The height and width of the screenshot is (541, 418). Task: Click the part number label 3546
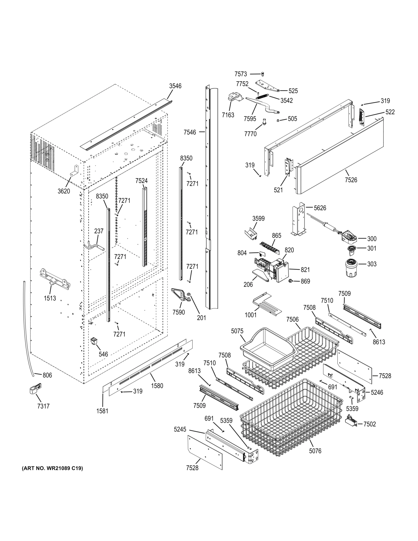coord(175,86)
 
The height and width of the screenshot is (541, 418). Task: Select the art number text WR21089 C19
coord(52,468)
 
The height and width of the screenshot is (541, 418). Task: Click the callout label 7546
coord(190,132)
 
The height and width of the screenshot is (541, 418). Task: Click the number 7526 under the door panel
coord(351,180)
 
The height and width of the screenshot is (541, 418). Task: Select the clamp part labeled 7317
coord(35,389)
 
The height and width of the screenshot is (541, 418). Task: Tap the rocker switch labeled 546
coord(94,341)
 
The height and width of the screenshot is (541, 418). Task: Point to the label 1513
coord(50,298)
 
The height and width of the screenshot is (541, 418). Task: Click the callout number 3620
coord(64,191)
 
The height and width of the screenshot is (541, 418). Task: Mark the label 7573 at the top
coord(241,74)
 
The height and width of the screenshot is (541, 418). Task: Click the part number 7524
coord(141,181)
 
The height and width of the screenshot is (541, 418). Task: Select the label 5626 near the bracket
coord(320,208)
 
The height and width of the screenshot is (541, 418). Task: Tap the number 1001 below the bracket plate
coord(251,315)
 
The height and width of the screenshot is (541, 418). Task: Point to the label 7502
coord(370,424)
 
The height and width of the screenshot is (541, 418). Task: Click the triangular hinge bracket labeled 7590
coord(179,294)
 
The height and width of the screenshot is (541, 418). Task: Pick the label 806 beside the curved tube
coord(47,375)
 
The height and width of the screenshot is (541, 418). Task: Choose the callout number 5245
coord(180,429)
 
